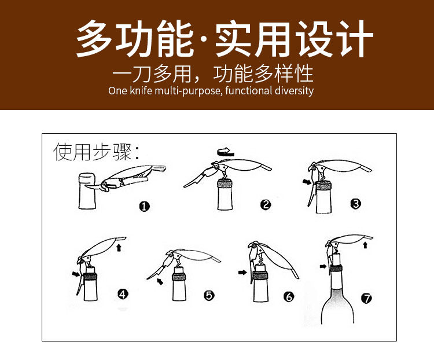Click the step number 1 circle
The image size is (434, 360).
pyautogui.click(x=144, y=206)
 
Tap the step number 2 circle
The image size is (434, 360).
pyautogui.click(x=266, y=205)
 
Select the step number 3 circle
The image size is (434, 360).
pyautogui.click(x=356, y=204)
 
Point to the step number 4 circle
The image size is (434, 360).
pyautogui.click(x=123, y=294)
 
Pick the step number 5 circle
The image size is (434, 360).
pyautogui.click(x=209, y=296)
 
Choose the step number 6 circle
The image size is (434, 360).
pyautogui.click(x=289, y=297)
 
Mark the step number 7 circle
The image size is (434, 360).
pyautogui.click(x=367, y=298)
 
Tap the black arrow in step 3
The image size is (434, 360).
pyautogui.click(x=307, y=182)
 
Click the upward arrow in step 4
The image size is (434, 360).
pyautogui.click(x=119, y=247)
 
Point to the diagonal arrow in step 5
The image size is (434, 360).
pyautogui.click(x=160, y=281)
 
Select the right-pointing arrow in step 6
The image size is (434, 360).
pyautogui.click(x=242, y=273)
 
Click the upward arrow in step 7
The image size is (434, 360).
pyautogui.click(x=365, y=245)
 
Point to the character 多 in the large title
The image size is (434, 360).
pyautogui.click(x=94, y=39)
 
